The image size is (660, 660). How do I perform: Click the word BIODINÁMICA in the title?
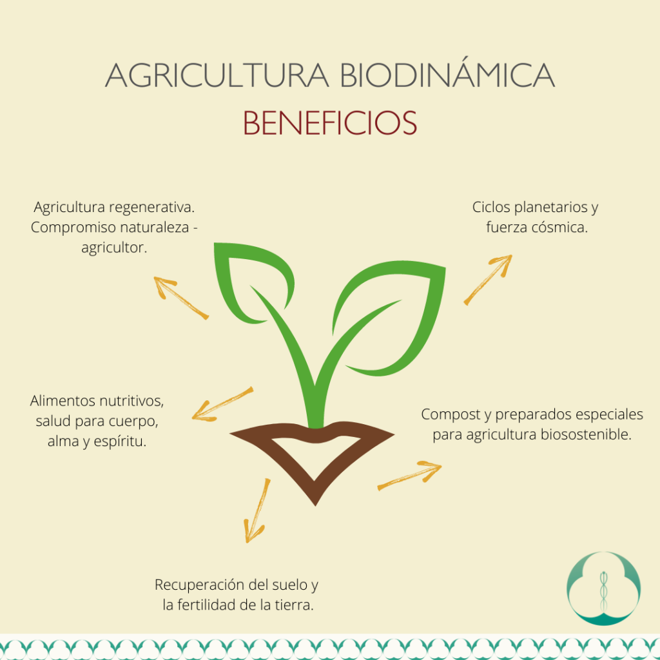tap(447, 76)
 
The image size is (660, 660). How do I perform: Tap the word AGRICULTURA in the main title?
tap(217, 76)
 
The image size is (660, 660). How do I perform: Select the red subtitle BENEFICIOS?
tap(330, 122)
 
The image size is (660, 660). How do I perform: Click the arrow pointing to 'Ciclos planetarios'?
tap(488, 279)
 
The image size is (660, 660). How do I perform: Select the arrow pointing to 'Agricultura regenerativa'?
tap(181, 297)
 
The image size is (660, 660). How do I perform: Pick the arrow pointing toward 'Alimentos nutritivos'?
tap(222, 404)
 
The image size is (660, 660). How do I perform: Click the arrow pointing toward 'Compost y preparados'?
tap(409, 475)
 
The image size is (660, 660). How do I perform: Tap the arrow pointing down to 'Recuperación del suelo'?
tap(257, 510)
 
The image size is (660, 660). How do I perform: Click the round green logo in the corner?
tap(603, 588)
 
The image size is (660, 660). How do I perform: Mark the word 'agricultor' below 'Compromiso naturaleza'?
tap(113, 247)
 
